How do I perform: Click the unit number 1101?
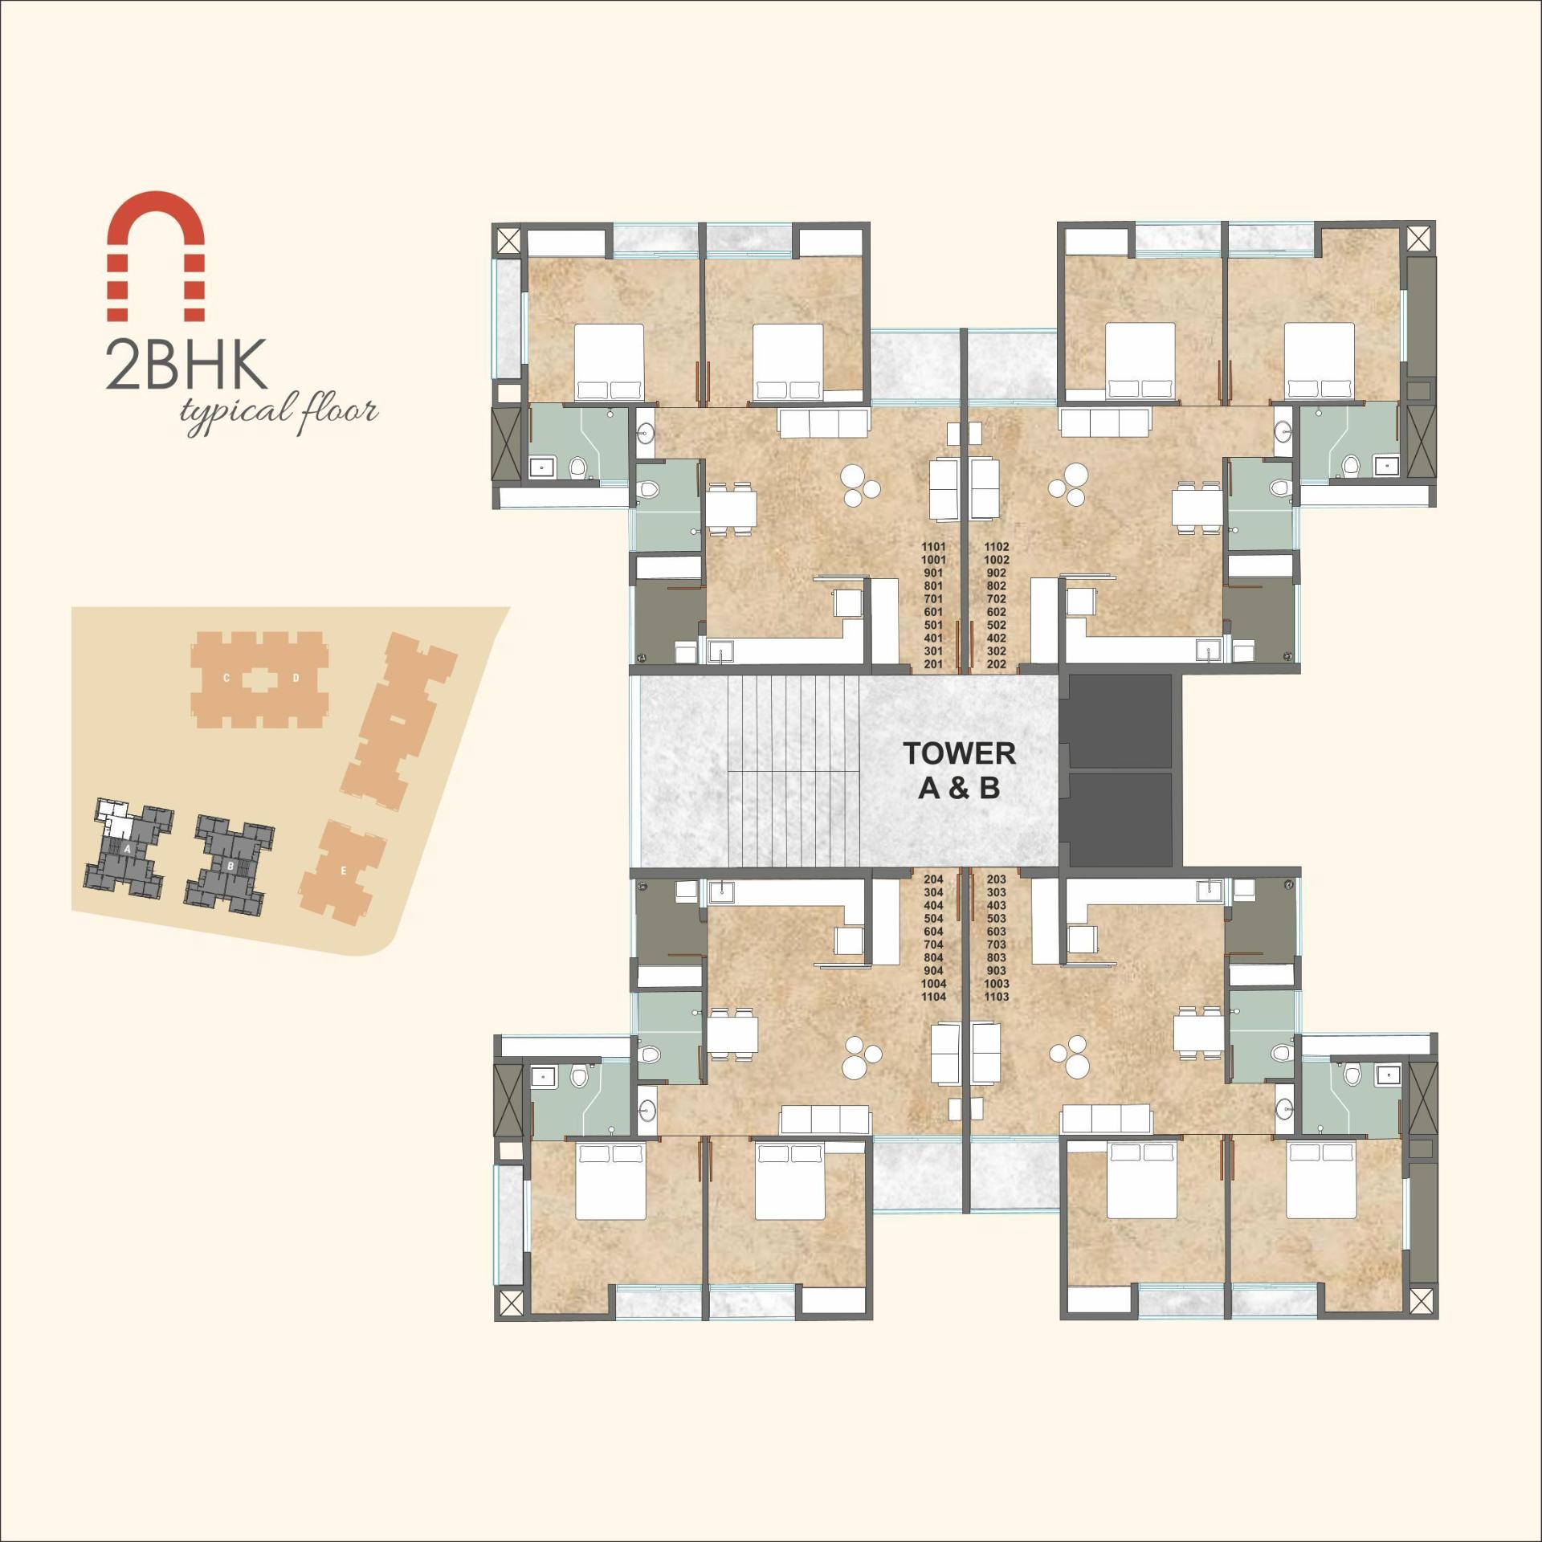[933, 547]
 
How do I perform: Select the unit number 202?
[996, 664]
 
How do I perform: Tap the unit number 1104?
[933, 997]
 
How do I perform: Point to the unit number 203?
[996, 879]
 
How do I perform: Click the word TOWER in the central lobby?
[959, 753]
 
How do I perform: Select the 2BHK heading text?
[186, 365]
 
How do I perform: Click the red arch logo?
[156, 256]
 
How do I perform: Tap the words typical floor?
[279, 412]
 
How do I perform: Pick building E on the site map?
[344, 871]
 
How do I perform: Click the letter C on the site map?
[226, 679]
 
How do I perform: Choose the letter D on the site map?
[296, 679]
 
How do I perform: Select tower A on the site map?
[128, 849]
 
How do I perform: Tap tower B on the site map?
[230, 866]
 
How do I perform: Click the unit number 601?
[933, 612]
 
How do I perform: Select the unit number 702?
[996, 599]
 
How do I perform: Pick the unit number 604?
[933, 932]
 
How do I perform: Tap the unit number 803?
[996, 957]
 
